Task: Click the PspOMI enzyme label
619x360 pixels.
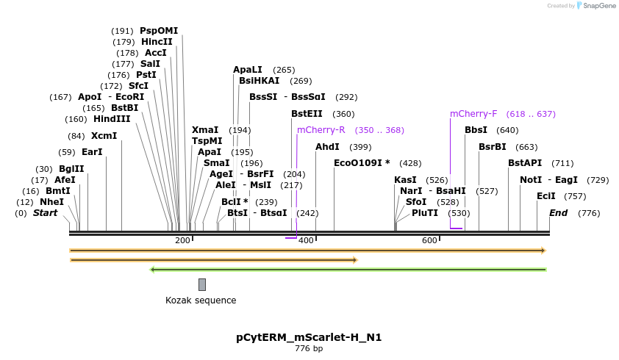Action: point(159,31)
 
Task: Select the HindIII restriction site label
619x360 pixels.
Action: point(112,119)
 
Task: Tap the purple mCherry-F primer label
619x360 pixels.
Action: point(473,114)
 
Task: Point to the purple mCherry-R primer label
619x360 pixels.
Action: point(321,130)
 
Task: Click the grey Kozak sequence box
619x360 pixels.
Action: point(202,284)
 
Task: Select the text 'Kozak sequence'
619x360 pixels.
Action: point(201,300)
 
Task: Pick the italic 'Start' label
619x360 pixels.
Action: point(45,213)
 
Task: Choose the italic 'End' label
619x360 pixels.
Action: point(559,213)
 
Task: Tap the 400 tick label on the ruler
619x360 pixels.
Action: point(306,241)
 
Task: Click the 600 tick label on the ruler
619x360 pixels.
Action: point(429,241)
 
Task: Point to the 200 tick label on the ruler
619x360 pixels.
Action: point(182,241)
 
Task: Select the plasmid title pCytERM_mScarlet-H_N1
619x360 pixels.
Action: point(309,337)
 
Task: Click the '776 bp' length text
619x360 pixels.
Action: point(309,348)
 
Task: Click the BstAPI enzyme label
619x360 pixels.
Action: point(525,163)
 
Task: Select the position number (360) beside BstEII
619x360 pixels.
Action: point(343,114)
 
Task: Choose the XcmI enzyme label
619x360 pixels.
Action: point(104,136)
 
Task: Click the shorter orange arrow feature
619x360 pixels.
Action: point(213,259)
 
